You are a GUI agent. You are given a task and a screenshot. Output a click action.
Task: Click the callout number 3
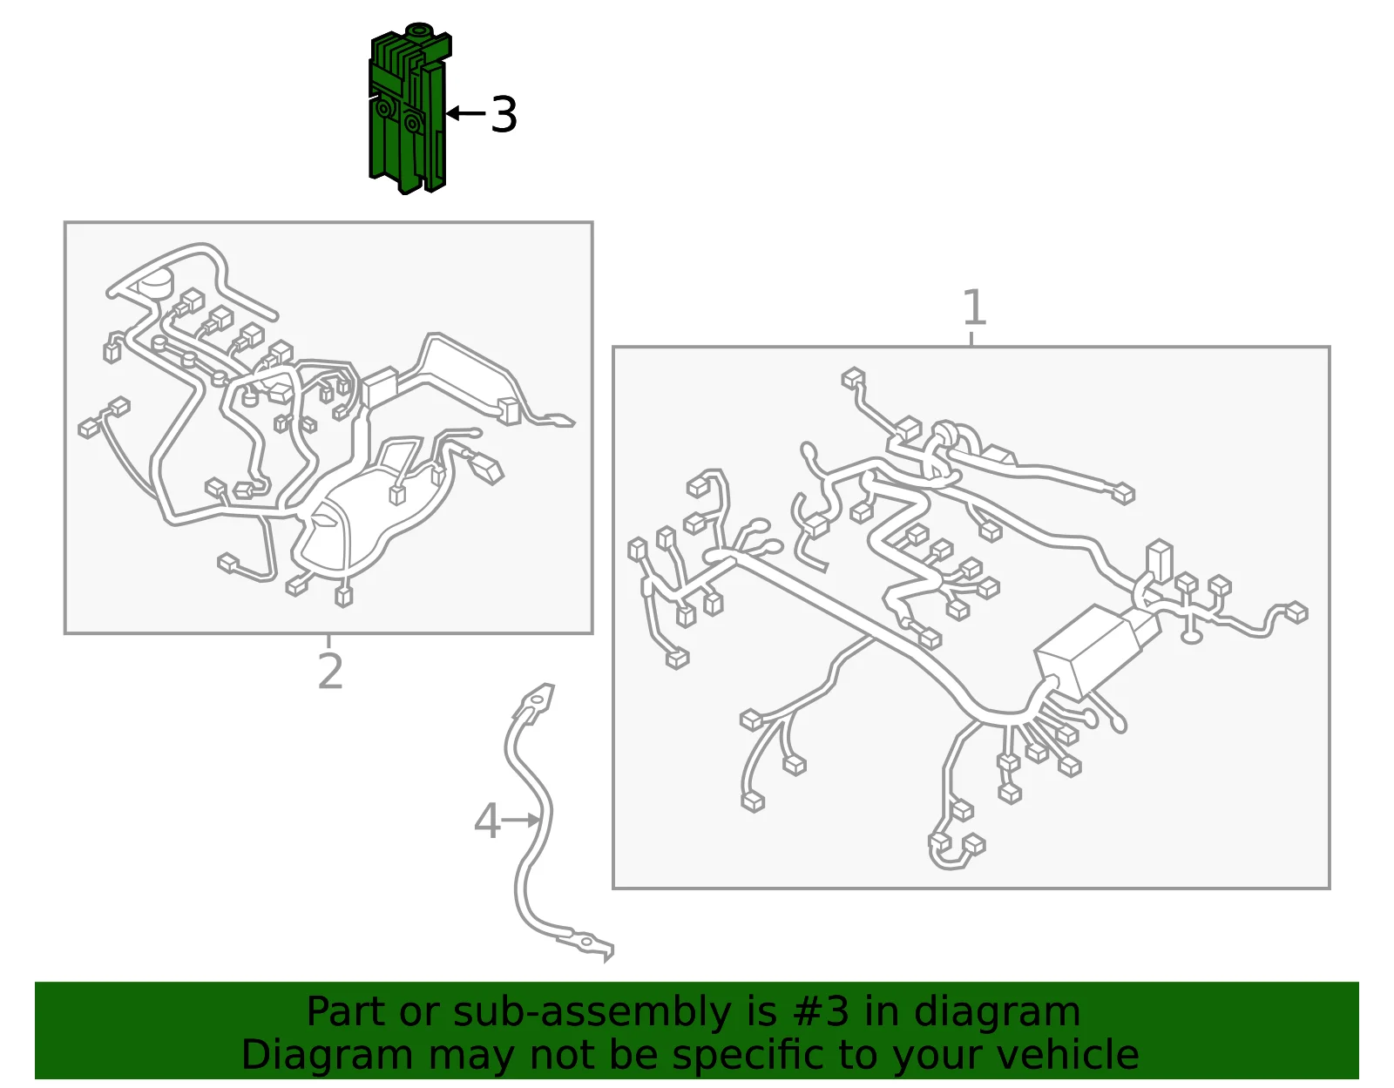[504, 115]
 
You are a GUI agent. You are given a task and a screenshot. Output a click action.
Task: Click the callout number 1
[974, 307]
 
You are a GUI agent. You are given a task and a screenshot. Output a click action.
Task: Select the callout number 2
[330, 672]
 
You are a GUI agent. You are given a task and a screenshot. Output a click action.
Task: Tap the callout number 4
[486, 821]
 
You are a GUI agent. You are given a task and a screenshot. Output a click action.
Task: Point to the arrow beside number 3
[466, 113]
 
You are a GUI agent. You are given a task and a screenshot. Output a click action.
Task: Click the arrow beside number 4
[521, 820]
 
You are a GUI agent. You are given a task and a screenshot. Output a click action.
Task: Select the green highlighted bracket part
[409, 109]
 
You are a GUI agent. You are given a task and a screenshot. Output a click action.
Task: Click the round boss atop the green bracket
[418, 30]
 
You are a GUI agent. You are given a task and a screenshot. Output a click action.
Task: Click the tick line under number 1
[972, 339]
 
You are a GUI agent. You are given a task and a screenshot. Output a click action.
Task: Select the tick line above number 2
[328, 640]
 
